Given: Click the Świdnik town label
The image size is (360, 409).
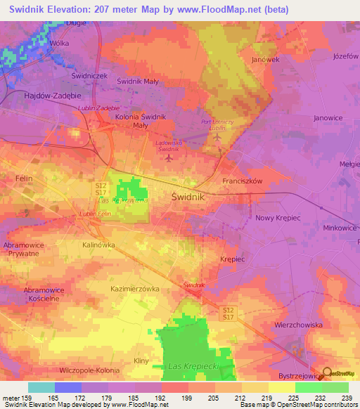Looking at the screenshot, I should coord(188,197).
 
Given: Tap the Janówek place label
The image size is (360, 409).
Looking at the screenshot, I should coord(266,60).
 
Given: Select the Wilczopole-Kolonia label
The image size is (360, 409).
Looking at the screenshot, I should coord(89,370).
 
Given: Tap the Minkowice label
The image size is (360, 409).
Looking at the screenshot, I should coord(340,228).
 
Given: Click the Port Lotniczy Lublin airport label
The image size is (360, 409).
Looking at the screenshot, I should coord(217,125).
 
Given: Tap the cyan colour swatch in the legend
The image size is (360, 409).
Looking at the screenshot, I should coord(41,387).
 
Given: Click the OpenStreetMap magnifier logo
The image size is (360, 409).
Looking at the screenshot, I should coord(327,374).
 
